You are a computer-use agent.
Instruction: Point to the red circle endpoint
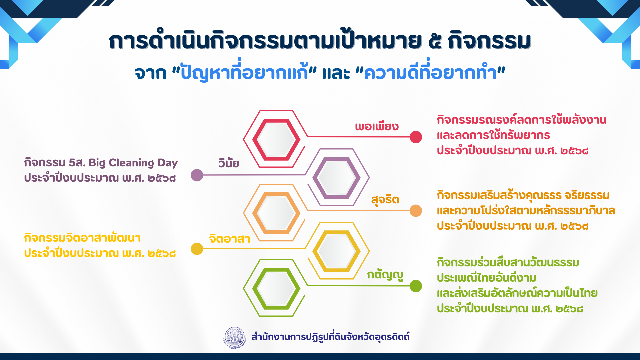(416, 137)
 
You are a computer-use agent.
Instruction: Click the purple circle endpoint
(197, 175)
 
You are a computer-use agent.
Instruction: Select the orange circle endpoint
(416, 211)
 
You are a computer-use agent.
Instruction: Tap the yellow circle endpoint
(197, 249)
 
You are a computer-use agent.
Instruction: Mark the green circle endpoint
(416, 286)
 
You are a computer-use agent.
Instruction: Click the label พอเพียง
(377, 126)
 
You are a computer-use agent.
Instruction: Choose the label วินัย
(229, 163)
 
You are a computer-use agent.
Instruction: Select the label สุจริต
(385, 200)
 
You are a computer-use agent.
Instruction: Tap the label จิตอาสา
(230, 238)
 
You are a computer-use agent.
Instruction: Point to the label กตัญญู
(385, 275)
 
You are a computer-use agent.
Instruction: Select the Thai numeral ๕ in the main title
(435, 41)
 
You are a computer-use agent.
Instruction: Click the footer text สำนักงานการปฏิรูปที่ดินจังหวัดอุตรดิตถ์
(330, 337)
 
